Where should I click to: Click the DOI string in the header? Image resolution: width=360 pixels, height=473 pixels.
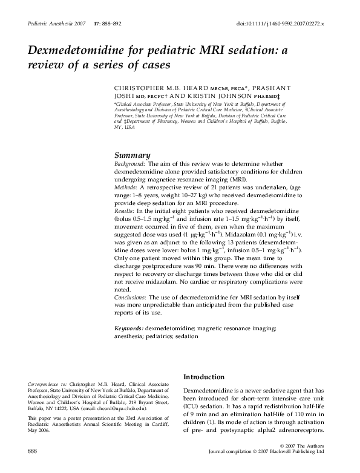pos(281,22)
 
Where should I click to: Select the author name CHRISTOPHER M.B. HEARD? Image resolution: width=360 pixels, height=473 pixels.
pos(162,88)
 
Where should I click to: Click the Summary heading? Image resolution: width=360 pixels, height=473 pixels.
pos(133,155)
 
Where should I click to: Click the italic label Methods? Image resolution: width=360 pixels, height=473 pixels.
pos(125,188)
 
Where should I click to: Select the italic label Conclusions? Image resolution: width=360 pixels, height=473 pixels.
pos(129,298)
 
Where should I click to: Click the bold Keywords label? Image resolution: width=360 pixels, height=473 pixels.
pos(129,328)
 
